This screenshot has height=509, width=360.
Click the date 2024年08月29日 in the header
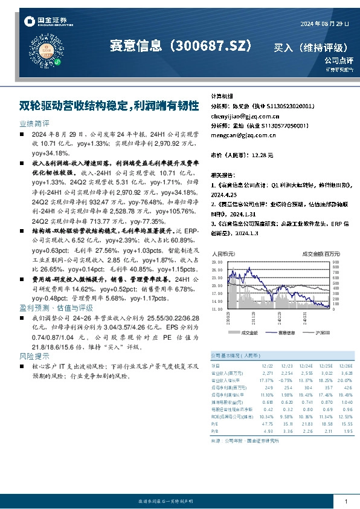point(324,24)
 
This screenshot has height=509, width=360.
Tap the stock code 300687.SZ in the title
point(211,45)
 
